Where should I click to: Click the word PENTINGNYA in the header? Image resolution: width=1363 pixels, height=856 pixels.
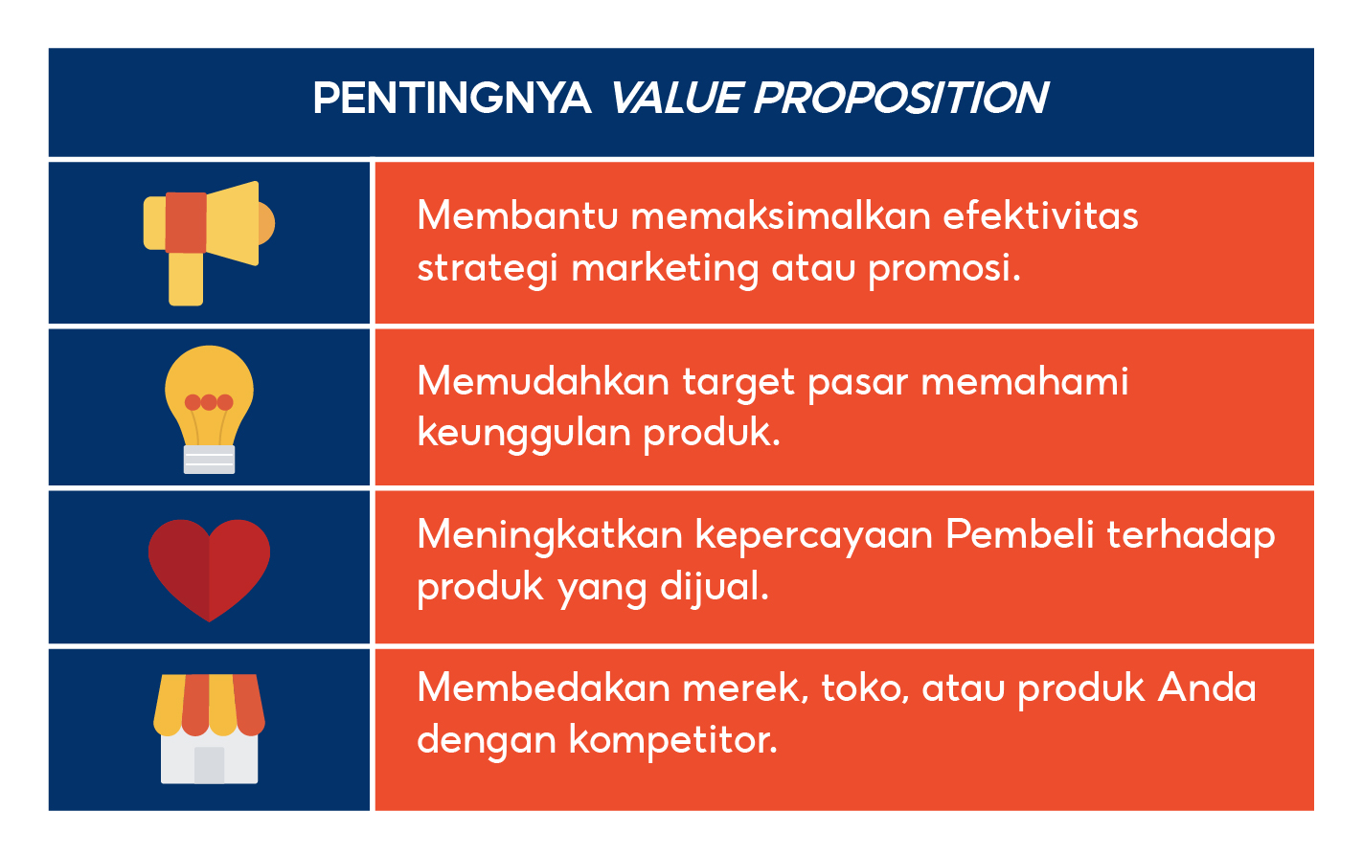pos(452,99)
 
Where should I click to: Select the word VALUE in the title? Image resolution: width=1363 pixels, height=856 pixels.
pos(676,99)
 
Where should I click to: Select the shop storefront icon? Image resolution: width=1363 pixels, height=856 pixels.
pos(209,728)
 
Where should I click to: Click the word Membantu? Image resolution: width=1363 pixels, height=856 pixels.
pos(517,215)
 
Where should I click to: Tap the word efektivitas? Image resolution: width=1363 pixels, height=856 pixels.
pos(1040,215)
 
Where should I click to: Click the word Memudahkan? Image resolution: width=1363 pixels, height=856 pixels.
pos(543,381)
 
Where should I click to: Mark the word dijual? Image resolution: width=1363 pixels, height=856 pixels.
pos(715,587)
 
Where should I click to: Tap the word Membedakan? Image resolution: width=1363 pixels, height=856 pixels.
pos(543,687)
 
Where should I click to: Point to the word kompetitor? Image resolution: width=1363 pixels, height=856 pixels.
pos(672,740)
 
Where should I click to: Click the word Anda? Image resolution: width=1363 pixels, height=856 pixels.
pos(1207,687)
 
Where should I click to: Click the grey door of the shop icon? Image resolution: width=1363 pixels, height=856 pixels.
pos(209,764)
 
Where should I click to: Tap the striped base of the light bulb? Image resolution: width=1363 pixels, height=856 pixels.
pos(209,460)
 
